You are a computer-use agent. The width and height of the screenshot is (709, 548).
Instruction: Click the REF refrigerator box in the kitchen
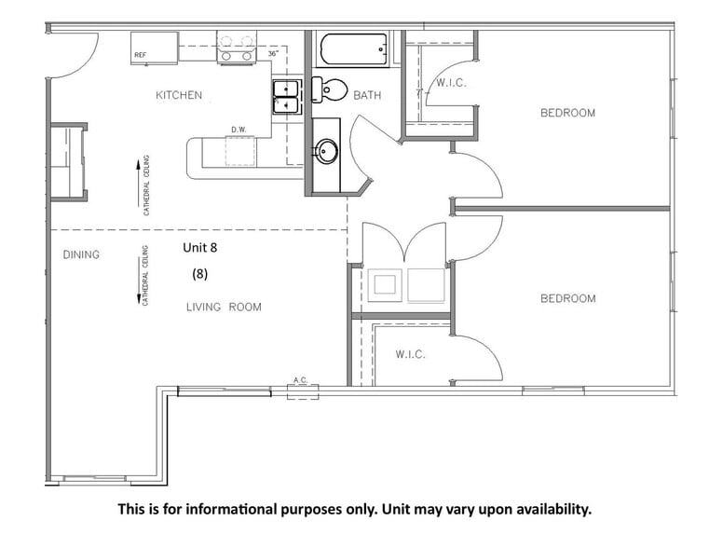coord(154,46)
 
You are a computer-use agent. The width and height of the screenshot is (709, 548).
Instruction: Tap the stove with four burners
coord(236,48)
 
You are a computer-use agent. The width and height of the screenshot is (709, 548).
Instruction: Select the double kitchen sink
coord(286,97)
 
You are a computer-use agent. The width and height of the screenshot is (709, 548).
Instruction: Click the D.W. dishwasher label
coord(239,130)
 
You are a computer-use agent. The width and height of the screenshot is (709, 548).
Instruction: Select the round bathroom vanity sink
coord(325,150)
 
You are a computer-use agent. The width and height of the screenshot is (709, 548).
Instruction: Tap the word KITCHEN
coord(178,95)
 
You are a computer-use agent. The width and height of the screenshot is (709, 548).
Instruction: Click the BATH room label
coord(366,95)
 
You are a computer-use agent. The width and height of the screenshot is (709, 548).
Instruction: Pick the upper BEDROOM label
coord(567,113)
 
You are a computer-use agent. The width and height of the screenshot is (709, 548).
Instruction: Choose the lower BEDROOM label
coord(567,298)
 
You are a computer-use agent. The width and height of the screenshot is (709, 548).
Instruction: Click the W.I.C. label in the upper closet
coord(451,83)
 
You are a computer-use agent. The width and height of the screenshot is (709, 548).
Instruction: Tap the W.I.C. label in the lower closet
coord(410,354)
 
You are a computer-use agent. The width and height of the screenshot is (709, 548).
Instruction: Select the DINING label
coord(81,254)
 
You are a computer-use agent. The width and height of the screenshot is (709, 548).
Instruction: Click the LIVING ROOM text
coord(224,307)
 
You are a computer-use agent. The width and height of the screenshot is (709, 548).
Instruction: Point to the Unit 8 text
coord(202,248)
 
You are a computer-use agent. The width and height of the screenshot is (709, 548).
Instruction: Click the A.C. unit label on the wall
coord(301,380)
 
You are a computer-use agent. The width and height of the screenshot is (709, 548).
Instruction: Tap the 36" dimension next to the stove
coord(273,55)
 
